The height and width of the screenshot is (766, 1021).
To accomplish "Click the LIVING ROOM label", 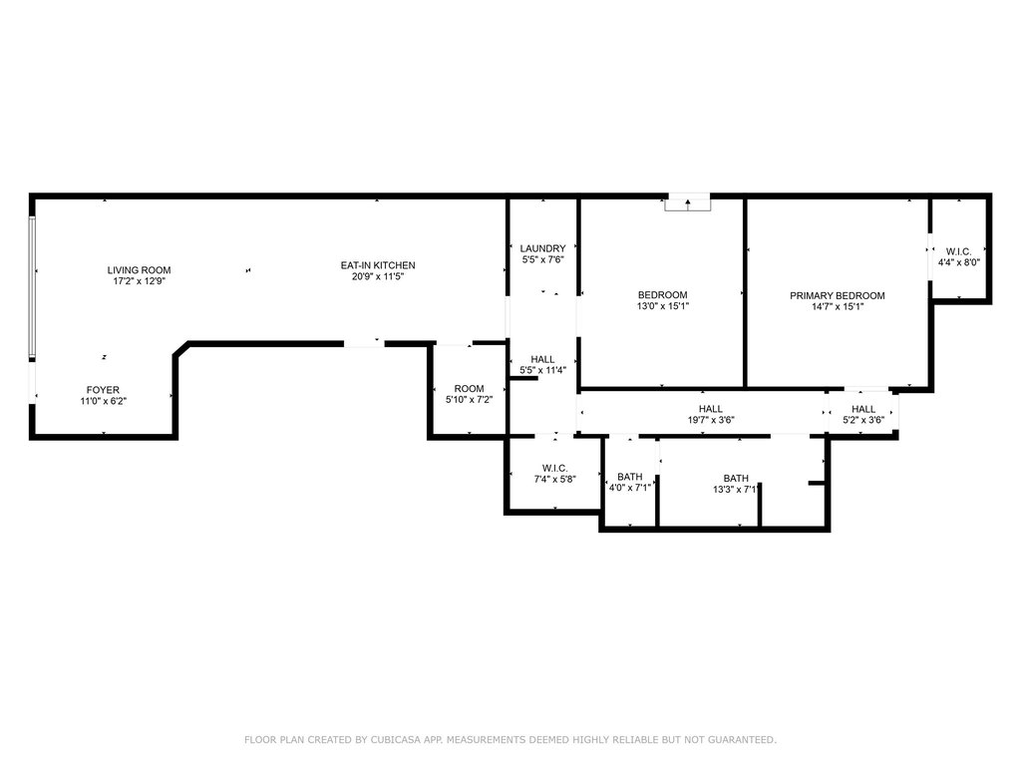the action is tap(139, 270).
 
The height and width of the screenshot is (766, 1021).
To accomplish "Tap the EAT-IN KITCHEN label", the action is tap(378, 265).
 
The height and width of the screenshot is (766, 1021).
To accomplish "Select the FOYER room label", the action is tap(103, 390).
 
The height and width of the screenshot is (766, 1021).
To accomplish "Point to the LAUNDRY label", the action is tap(542, 248).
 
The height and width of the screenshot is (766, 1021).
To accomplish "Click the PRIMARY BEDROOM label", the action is tap(838, 295).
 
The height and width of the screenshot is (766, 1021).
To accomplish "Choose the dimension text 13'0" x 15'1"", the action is tap(662, 306).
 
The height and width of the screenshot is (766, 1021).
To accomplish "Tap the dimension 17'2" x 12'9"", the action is tap(139, 281).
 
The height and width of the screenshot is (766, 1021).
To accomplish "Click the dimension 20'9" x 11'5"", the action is tap(378, 276).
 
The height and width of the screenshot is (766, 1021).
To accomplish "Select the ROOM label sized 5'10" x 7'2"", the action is tap(469, 389).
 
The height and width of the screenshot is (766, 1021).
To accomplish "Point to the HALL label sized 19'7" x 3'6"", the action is tap(710, 409).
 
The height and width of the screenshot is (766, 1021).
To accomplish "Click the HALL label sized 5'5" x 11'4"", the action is tap(542, 359).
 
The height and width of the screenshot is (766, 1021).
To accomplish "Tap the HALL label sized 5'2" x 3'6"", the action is tap(863, 409).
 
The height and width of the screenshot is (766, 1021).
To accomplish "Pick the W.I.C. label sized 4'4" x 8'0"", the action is tap(958, 251).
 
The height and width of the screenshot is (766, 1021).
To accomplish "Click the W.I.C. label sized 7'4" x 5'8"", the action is tap(554, 469).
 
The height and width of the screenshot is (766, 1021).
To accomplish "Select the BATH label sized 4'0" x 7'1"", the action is tap(630, 477).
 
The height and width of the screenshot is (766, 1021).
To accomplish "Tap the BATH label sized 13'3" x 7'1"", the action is tap(736, 478).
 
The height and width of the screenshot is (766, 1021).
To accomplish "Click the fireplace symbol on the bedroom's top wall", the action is tap(688, 202).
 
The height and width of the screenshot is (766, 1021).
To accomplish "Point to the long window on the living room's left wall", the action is tap(31, 287).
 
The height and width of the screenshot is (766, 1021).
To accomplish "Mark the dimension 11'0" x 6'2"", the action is tap(103, 401).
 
